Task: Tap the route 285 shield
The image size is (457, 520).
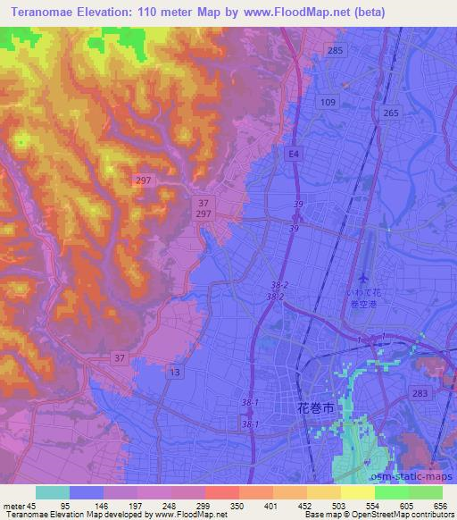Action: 336,51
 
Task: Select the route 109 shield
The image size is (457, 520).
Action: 328,104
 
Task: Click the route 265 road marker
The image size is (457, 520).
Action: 390,113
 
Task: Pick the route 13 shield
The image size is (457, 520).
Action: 175,371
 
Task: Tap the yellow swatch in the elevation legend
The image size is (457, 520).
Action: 357,492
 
